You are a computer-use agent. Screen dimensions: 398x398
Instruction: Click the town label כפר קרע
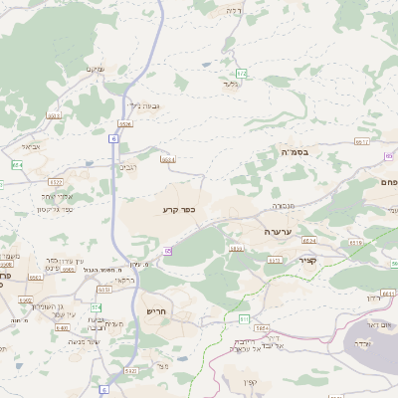pos(182,210)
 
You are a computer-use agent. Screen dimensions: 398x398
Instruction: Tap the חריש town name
pos(157,310)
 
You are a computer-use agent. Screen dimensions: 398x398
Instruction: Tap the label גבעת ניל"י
pos(145,105)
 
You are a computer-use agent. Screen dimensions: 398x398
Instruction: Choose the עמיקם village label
pos(95,69)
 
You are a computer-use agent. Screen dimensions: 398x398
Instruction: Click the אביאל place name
pos(31,146)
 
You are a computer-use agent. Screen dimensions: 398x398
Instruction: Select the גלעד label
pos(232,84)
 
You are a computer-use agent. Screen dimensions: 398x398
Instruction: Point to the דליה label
pos(234,10)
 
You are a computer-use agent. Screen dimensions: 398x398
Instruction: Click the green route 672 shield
pos(241,74)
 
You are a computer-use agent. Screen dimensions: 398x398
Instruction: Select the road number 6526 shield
pos(125,123)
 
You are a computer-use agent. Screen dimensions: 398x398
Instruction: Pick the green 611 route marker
pos(244,317)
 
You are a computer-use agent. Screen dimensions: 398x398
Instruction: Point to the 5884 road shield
pos(262,327)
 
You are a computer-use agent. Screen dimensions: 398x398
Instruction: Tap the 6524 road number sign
pos(309,240)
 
